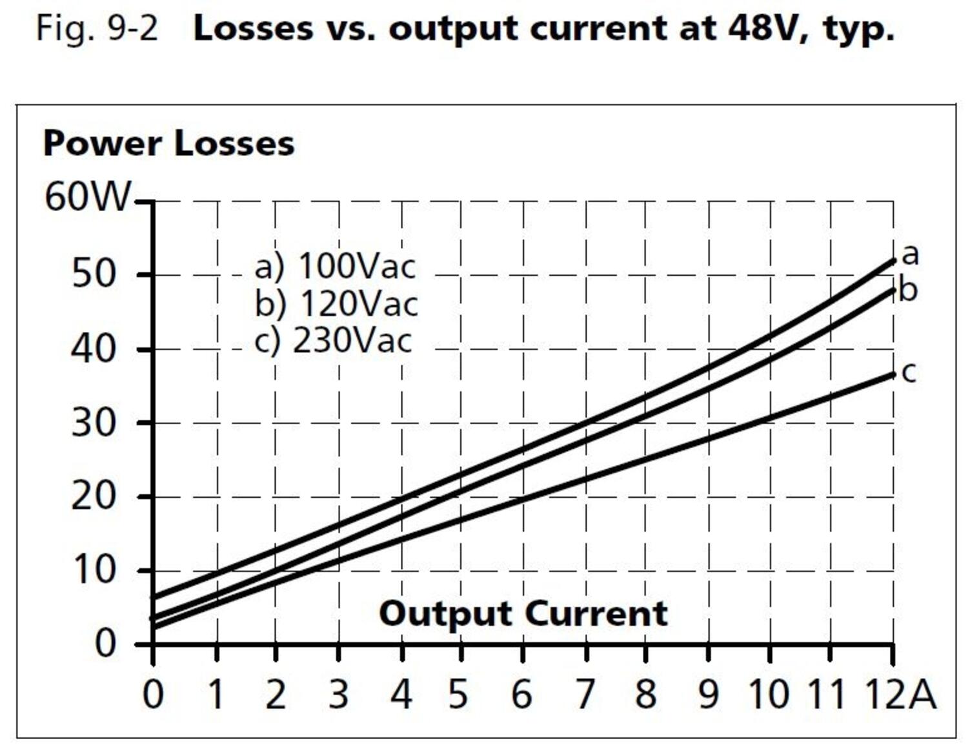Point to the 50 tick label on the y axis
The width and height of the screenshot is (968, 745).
[x=94, y=274]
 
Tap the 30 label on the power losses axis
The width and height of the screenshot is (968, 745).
[x=94, y=424]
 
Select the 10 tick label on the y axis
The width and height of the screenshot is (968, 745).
[x=94, y=570]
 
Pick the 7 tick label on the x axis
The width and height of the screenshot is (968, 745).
[x=585, y=695]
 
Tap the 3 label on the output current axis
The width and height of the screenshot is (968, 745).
[x=338, y=695]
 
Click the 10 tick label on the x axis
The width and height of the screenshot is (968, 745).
[x=769, y=695]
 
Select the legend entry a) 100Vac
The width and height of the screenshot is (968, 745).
[x=335, y=266]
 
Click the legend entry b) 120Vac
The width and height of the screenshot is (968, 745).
[x=336, y=303]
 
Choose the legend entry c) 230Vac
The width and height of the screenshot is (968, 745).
[x=333, y=340]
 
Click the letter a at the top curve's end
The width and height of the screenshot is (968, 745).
[x=909, y=254]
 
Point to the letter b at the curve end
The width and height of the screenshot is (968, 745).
[x=908, y=290]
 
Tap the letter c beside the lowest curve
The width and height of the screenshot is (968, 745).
[x=909, y=372]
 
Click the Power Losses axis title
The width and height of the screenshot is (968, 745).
[x=168, y=143]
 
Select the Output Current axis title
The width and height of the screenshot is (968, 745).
[x=523, y=613]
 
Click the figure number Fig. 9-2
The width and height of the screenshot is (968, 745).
[x=97, y=28]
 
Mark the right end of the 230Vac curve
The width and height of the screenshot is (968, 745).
[x=893, y=374]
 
